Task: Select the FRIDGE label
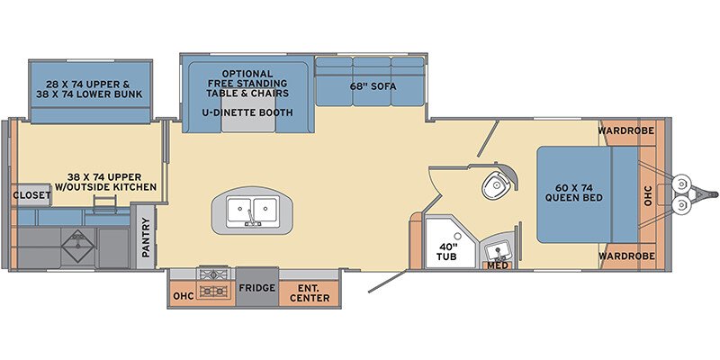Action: pyautogui.click(x=256, y=290)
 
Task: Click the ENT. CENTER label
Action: pyautogui.click(x=309, y=292)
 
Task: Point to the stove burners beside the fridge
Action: pyautogui.click(x=214, y=283)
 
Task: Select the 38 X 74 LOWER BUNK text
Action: pyautogui.click(x=92, y=94)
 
